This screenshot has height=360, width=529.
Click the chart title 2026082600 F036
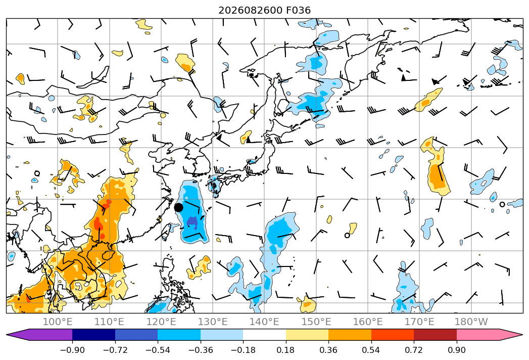point(265,11)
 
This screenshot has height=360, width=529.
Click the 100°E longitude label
point(58,322)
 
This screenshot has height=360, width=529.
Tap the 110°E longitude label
point(109,322)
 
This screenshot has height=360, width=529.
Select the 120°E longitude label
point(161,322)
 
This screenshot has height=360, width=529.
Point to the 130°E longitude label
point(213,322)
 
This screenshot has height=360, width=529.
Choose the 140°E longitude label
point(264,322)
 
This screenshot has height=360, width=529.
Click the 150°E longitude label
point(316,322)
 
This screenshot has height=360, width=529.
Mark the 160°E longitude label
point(368,322)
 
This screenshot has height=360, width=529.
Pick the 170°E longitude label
point(419,322)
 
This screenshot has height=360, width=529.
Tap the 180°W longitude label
point(471,322)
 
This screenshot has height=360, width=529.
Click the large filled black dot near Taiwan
point(178,207)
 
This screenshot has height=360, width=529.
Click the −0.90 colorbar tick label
point(72,350)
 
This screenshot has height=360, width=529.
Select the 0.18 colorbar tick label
point(286,350)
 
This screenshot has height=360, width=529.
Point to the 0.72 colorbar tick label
point(414,350)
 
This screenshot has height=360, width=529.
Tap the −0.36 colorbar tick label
point(201,350)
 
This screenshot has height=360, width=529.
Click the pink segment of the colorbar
point(478,334)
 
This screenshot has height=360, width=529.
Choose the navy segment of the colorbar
point(94,334)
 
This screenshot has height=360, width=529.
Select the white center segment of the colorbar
point(265,334)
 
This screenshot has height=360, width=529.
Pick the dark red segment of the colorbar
point(435,334)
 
